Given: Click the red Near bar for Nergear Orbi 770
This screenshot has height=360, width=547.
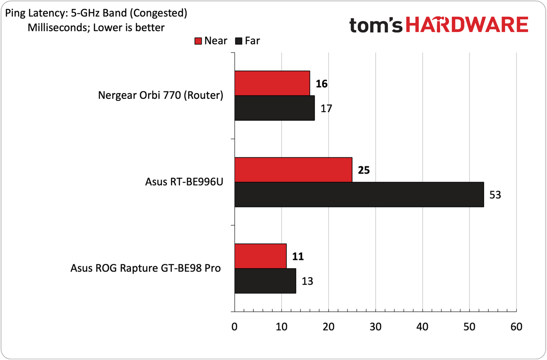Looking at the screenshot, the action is [x=272, y=83].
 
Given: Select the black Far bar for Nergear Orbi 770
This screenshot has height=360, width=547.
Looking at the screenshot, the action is [x=275, y=108].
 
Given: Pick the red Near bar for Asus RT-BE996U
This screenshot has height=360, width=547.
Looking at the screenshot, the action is [x=293, y=170].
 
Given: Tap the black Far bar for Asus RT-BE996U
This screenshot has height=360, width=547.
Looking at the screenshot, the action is [x=359, y=195].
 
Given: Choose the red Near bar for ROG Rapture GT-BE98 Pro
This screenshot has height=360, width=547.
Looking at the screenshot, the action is [x=261, y=256].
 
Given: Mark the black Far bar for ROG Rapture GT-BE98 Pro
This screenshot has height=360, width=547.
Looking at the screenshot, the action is [x=265, y=281].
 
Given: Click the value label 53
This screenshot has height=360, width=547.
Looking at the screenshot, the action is [x=495, y=195].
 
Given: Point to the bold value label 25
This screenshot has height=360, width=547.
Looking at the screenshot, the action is [x=364, y=170].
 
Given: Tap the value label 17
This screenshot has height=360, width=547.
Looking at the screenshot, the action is [x=326, y=109].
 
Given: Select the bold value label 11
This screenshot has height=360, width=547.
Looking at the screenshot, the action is [x=298, y=257].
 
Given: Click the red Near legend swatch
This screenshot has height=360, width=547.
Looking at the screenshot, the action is [x=198, y=41].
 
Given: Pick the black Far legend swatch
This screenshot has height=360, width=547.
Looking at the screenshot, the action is [x=238, y=41].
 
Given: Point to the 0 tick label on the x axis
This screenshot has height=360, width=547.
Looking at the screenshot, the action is [x=235, y=327].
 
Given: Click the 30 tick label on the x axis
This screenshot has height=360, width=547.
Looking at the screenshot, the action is [x=376, y=327].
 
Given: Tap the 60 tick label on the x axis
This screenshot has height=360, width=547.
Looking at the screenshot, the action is [x=517, y=327].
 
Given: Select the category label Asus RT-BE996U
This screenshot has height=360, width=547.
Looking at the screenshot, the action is [x=184, y=182].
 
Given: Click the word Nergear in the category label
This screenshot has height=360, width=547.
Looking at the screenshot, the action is [x=117, y=96].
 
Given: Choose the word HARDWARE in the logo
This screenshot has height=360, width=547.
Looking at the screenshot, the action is [x=467, y=25].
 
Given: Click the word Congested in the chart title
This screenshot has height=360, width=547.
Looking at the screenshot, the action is [x=159, y=13].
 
